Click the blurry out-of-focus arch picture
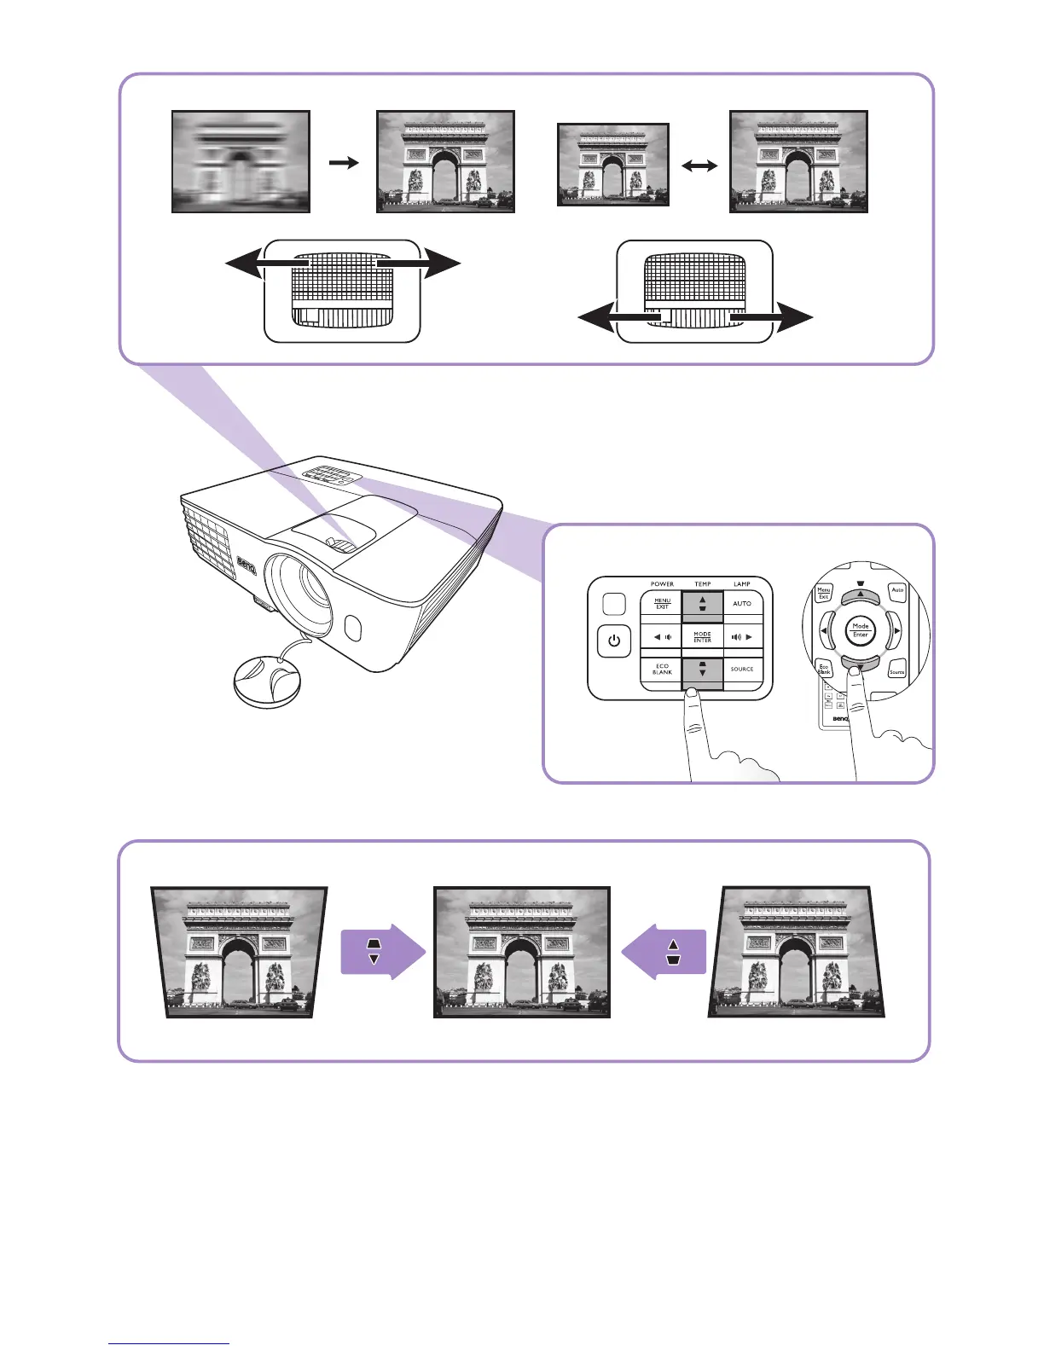(241, 161)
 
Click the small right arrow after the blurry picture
(344, 162)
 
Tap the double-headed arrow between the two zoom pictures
(699, 167)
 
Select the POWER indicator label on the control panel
(662, 584)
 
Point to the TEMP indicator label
(702, 584)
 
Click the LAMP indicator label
(742, 584)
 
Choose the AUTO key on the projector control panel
(742, 603)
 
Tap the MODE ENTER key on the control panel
(702, 637)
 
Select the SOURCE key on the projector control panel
(742, 670)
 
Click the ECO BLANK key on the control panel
(662, 670)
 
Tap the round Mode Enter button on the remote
(861, 630)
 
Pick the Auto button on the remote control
(897, 589)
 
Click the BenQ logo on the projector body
(246, 566)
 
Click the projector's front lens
(299, 589)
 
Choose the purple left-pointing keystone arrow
(664, 951)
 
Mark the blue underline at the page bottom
(169, 1343)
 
